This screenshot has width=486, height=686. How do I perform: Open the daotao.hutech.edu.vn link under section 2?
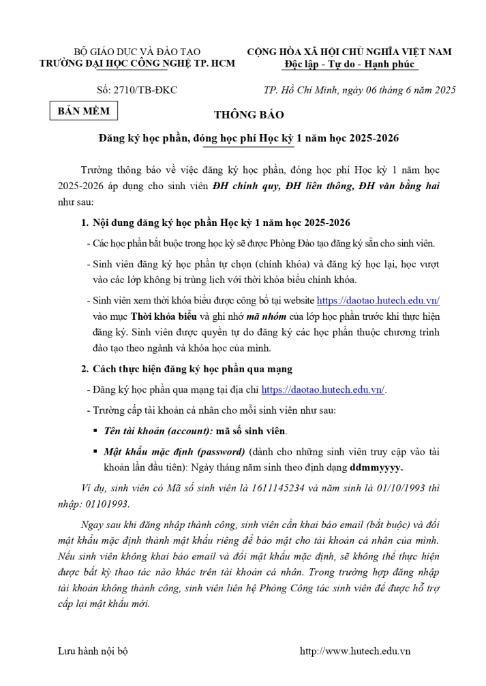pyautogui.click(x=323, y=390)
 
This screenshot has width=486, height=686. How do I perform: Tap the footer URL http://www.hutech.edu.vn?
pyautogui.click(x=355, y=651)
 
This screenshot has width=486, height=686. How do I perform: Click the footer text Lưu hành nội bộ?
pyautogui.click(x=93, y=651)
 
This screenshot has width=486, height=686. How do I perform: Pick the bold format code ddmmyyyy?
pyautogui.click(x=376, y=468)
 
